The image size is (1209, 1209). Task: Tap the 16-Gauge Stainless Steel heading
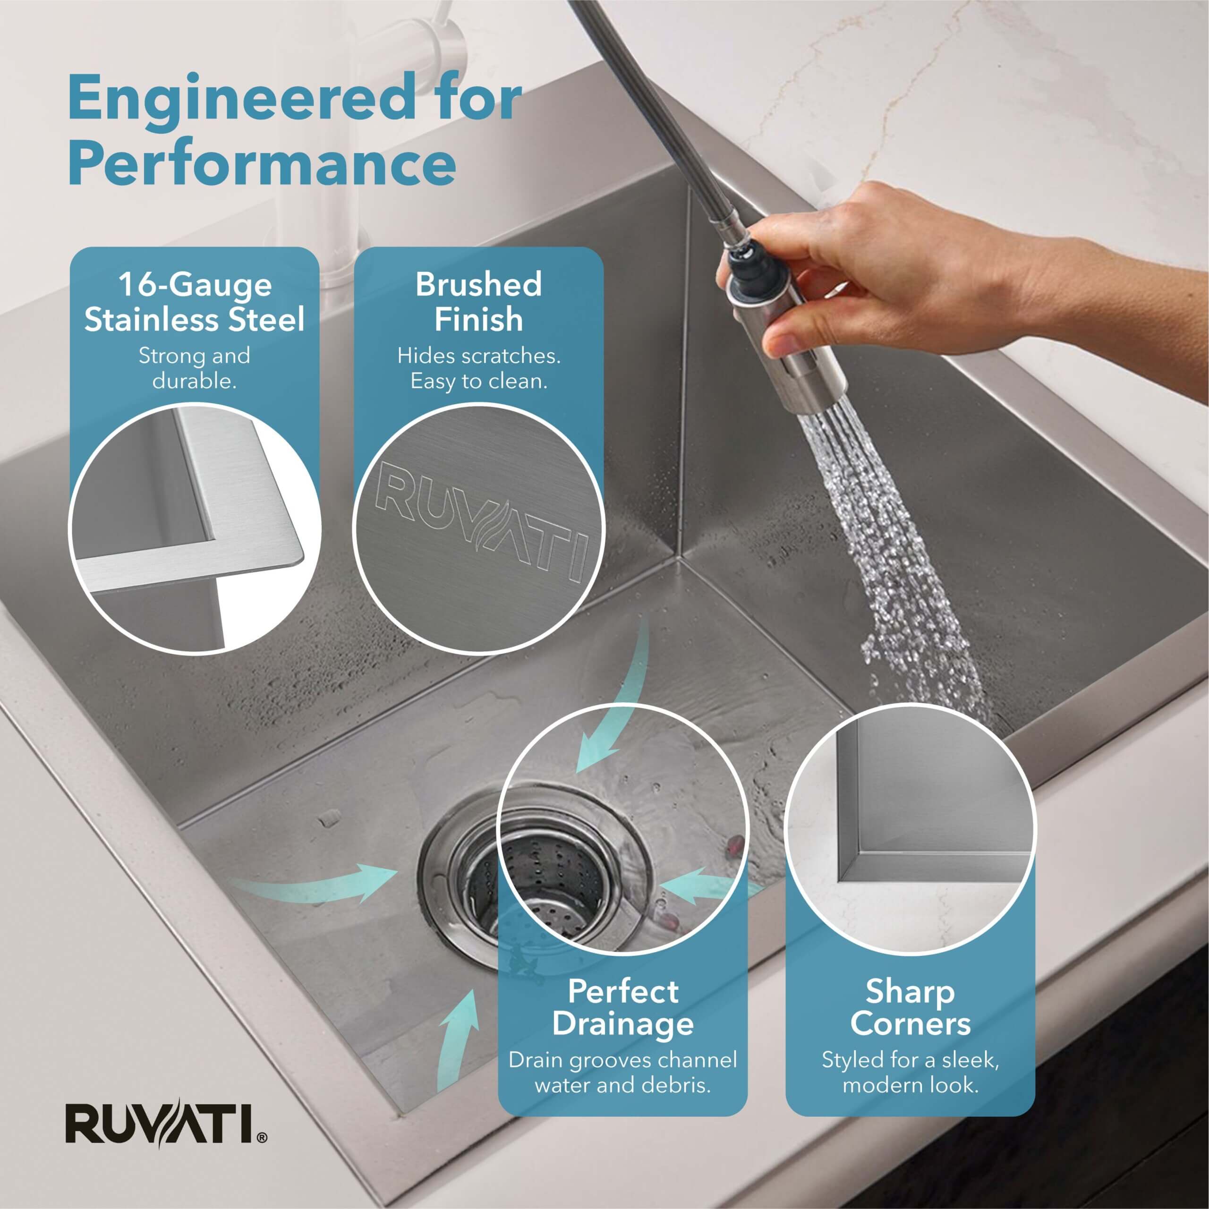[195, 302]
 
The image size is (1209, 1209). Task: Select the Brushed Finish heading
[479, 302]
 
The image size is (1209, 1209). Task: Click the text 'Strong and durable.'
[195, 368]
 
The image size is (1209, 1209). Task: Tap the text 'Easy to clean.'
[479, 381]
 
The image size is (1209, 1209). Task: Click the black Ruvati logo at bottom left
[166, 1124]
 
